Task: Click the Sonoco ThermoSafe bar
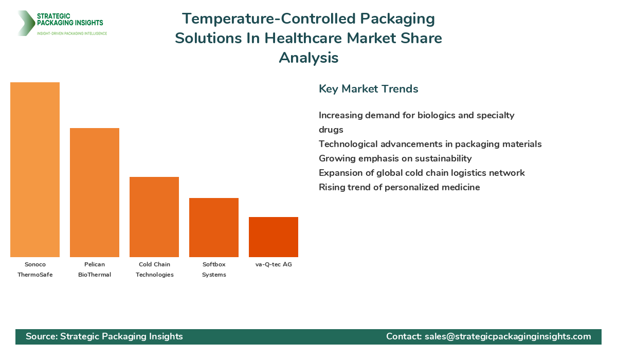(35, 170)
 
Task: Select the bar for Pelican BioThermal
(95, 192)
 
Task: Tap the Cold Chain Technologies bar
(154, 217)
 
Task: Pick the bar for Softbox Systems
(214, 227)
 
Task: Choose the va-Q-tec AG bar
(274, 237)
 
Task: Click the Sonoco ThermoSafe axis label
(35, 269)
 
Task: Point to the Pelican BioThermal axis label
(95, 269)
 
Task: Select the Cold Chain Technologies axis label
(154, 269)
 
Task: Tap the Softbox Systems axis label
(214, 269)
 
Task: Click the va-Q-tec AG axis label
(274, 264)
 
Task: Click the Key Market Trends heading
(368, 89)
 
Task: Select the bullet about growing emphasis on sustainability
(395, 158)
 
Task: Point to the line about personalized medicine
(399, 187)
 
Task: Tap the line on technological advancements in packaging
(430, 144)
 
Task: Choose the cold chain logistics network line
(422, 173)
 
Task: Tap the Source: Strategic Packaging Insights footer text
(104, 336)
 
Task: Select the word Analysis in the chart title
(308, 58)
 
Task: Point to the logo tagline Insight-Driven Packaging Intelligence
(72, 33)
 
